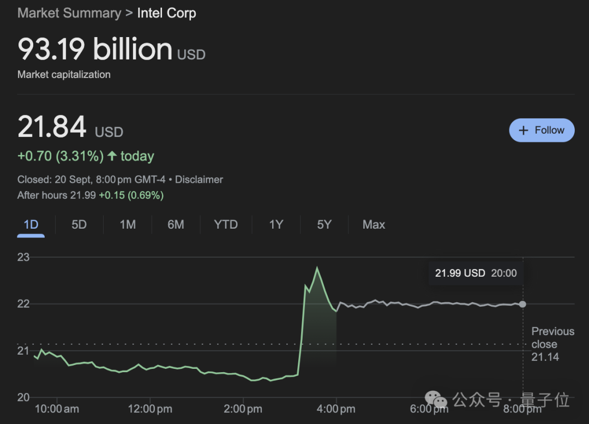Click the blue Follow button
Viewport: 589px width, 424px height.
coord(542,130)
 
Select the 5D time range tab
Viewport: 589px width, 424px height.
coord(79,224)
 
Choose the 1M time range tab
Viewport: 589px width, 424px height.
coord(128,224)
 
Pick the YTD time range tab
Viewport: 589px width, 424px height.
coord(226,224)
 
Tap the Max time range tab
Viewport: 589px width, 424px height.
coord(374,224)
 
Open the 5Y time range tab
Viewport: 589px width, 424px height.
coord(324,224)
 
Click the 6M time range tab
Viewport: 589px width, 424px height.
coord(176,224)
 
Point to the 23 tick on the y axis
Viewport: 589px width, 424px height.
coord(23,257)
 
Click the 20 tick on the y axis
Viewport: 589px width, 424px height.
coord(23,397)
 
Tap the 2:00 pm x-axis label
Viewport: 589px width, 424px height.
coord(243,409)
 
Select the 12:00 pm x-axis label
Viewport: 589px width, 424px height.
coord(149,409)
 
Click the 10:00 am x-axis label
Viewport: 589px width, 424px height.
coord(57,409)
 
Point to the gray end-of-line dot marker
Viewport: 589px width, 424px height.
coord(522,304)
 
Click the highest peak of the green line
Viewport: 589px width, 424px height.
coord(317,267)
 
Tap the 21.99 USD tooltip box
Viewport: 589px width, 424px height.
coord(476,273)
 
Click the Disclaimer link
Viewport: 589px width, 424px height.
coord(199,180)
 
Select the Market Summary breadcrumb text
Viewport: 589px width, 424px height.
coord(69,13)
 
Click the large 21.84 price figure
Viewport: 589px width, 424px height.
coord(52,127)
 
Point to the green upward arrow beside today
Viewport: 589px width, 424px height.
coord(112,156)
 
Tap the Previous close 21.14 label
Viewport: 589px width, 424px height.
coord(552,344)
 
